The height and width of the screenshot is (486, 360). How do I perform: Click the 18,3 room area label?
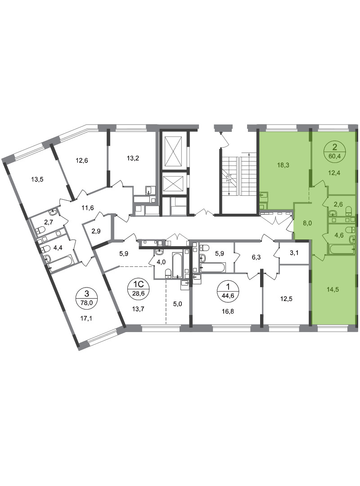tap(283, 165)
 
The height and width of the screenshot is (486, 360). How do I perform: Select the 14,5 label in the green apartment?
tap(333, 290)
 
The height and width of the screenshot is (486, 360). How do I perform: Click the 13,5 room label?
tap(37, 179)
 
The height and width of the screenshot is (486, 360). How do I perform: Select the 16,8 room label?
tap(228, 311)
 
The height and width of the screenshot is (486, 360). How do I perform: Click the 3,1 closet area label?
tap(293, 252)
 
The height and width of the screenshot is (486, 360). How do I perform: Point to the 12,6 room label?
tap(82, 160)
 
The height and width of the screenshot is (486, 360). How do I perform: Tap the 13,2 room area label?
tap(133, 158)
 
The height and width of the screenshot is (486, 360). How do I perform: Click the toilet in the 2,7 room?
tap(40, 230)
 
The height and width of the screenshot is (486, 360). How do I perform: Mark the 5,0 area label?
tap(177, 304)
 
